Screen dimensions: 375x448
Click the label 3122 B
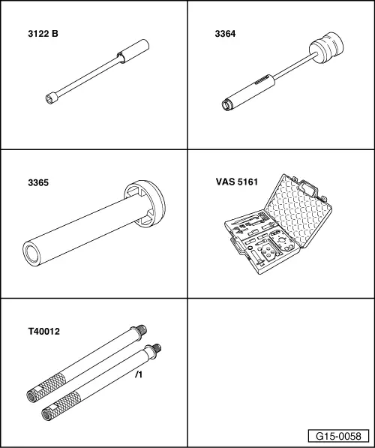(43, 34)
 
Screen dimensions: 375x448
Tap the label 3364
(225, 34)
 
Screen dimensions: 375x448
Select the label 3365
(38, 182)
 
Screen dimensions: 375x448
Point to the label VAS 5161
(237, 182)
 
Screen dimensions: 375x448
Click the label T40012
(44, 332)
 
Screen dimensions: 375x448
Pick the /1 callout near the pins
(139, 374)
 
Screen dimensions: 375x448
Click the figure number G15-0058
(338, 436)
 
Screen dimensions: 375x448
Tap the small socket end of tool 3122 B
(51, 98)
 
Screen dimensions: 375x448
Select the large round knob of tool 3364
(326, 47)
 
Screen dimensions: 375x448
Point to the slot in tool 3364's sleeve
(262, 81)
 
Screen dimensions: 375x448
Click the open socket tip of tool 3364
(227, 105)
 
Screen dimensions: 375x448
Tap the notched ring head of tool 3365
(145, 203)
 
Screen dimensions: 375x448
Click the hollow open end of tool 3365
(31, 254)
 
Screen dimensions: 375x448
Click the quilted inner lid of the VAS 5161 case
(298, 210)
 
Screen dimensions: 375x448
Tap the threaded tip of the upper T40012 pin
(141, 330)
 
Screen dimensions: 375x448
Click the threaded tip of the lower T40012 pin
(157, 349)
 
